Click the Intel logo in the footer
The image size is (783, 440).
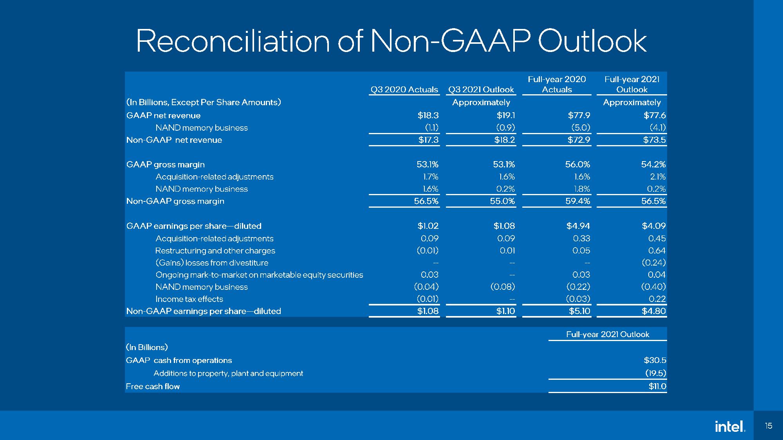click(x=729, y=426)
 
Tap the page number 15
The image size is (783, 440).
click(x=768, y=426)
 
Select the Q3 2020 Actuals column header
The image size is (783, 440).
click(x=404, y=90)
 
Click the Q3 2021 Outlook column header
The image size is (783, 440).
click(x=481, y=90)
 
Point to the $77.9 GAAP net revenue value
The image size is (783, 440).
click(x=579, y=115)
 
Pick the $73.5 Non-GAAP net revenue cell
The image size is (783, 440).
click(x=654, y=140)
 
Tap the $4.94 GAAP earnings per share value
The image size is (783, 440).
click(x=578, y=226)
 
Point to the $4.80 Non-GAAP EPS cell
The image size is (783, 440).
click(x=653, y=311)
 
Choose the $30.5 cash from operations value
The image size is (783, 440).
click(x=655, y=360)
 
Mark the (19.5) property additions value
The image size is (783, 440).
click(x=655, y=373)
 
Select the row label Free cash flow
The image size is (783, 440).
click(x=153, y=386)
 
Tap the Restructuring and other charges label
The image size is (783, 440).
click(x=215, y=251)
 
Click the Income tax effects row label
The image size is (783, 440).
click(x=189, y=299)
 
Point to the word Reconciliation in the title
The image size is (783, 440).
click(x=233, y=41)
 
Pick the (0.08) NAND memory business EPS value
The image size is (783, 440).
click(x=503, y=287)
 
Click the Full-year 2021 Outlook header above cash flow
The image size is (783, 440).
click(x=607, y=334)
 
